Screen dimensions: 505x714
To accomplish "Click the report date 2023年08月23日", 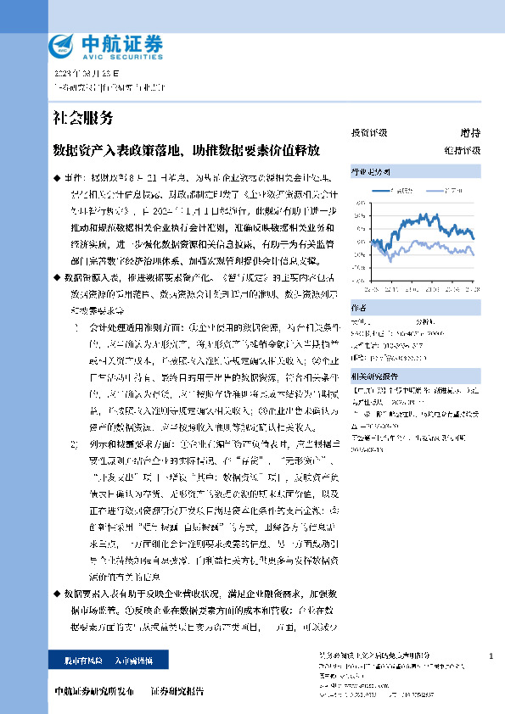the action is click(78, 75).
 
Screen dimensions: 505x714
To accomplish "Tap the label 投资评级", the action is click(368, 133).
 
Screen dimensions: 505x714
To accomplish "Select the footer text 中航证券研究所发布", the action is click(93, 691).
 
